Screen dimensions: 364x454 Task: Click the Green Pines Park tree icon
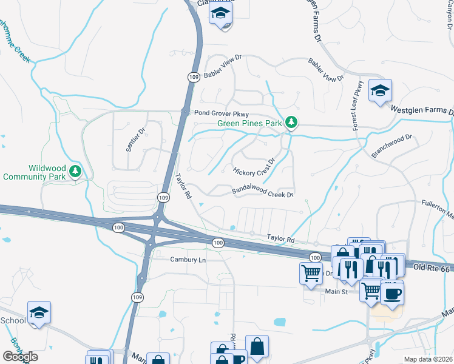pos(291,123)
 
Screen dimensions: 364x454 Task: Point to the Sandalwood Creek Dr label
pos(263,193)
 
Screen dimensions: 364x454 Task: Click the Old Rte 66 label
pos(433,268)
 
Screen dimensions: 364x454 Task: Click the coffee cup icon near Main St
pos(391,293)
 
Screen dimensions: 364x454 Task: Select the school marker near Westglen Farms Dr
pos(380,91)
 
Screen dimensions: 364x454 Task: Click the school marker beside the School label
pos(39,313)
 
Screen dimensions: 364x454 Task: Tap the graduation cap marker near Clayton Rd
pos(222,13)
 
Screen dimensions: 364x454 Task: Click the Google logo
pos(21,356)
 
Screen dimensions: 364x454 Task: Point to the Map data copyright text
pos(428,359)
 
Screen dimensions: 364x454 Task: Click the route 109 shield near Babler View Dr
pos(193,77)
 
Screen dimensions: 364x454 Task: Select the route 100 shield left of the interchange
pos(118,226)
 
